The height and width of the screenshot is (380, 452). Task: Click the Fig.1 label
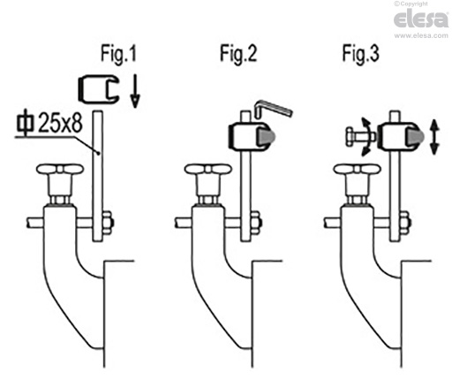(x=118, y=53)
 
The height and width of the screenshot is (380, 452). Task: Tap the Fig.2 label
(x=238, y=53)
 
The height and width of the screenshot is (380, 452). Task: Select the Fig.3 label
(x=360, y=53)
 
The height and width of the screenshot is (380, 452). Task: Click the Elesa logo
(x=421, y=19)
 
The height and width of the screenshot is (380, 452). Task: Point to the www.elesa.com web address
(x=421, y=35)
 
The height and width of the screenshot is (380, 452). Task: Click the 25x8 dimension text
(x=60, y=123)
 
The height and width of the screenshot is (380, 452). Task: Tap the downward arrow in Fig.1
(x=135, y=91)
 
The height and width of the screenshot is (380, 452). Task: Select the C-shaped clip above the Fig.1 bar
(x=98, y=89)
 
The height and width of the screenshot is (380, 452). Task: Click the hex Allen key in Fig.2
(x=273, y=110)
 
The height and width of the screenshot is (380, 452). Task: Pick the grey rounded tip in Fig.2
(x=267, y=136)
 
